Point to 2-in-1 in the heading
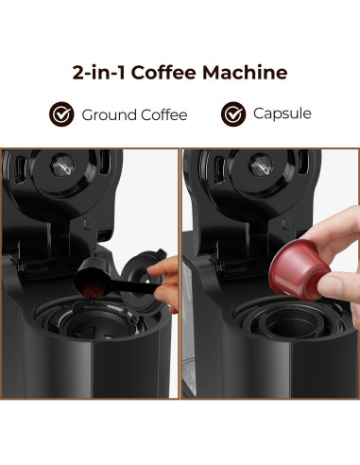(x=99, y=72)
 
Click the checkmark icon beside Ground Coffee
(x=62, y=115)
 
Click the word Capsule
(x=282, y=115)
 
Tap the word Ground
(x=107, y=115)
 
